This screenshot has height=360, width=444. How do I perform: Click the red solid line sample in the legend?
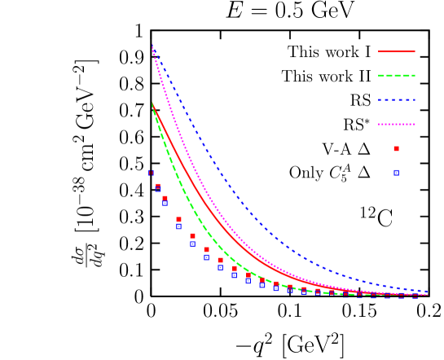pos(397,51)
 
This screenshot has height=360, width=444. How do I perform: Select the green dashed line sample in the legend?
pos(397,76)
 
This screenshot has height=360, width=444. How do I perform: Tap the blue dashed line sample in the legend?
pos(397,100)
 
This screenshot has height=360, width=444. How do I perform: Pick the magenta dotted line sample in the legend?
pos(397,125)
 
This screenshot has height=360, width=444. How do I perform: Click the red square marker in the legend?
pos(397,148)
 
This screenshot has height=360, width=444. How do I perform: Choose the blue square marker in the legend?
pos(397,173)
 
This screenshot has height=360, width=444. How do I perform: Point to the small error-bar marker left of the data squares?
pos(151,173)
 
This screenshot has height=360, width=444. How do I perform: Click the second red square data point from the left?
pos(165,198)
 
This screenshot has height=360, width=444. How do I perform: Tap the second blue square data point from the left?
pos(165,204)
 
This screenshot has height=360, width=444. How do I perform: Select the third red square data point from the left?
pos(178,219)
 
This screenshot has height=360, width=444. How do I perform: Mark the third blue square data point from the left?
pos(178,226)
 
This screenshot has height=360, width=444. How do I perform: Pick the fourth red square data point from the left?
pos(192,236)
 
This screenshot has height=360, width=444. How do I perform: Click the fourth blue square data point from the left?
pos(192,244)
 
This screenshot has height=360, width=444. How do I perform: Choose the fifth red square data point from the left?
pos(206,250)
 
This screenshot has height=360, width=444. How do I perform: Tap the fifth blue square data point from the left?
pos(206,257)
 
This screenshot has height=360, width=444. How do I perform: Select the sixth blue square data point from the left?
pos(220,267)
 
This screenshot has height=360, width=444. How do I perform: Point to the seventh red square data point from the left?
pos(235,268)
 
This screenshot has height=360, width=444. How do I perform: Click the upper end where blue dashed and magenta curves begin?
pos(152,46)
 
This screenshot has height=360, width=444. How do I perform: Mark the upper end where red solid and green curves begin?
pos(152,103)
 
